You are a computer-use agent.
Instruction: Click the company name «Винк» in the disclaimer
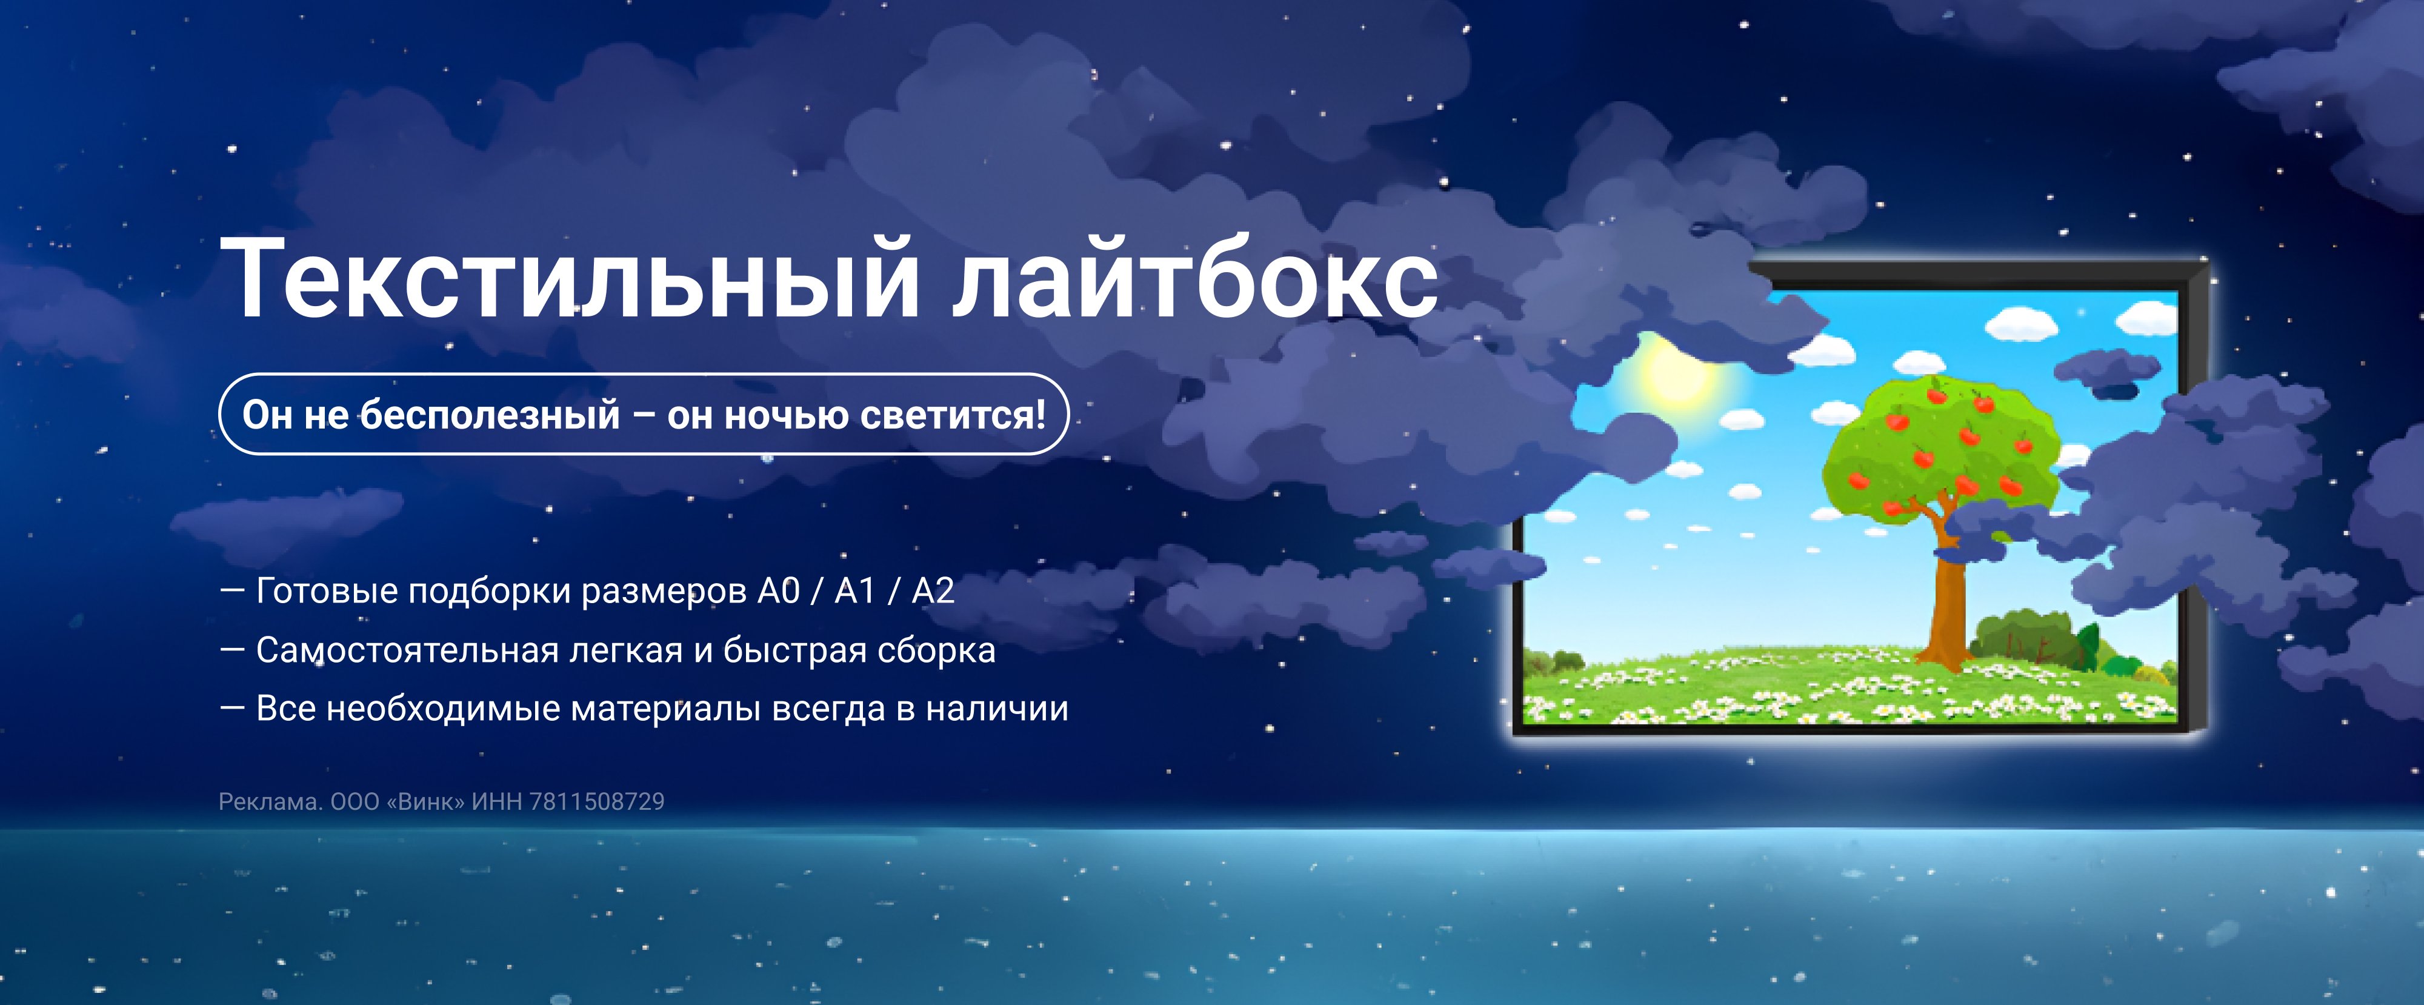[x=425, y=802]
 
